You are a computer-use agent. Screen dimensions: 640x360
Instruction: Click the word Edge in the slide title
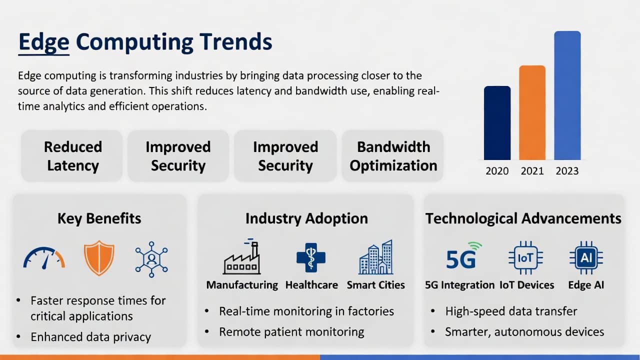[x=44, y=42]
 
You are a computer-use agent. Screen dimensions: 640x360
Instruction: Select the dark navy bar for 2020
[x=497, y=123]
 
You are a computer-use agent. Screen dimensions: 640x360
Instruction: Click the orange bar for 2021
[x=532, y=112]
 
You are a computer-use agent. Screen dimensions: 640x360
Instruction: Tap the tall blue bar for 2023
[x=567, y=95]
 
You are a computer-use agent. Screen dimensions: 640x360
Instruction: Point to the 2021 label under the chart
[x=532, y=171]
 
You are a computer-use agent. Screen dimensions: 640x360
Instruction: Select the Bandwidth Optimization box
[x=393, y=156]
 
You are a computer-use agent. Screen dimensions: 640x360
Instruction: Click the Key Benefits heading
[x=99, y=218]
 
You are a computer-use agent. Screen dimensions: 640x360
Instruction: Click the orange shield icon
[x=99, y=258]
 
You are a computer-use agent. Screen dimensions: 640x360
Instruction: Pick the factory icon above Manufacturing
[x=241, y=256]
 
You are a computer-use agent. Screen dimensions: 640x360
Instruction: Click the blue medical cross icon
[x=311, y=257]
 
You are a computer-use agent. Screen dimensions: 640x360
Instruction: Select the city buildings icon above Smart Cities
[x=375, y=257]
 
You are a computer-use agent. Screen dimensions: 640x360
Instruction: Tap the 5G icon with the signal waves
[x=463, y=255]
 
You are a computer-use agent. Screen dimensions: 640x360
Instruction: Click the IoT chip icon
[x=525, y=257]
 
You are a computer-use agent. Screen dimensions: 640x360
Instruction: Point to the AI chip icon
[x=586, y=257]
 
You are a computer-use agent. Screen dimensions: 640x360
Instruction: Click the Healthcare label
[x=311, y=285]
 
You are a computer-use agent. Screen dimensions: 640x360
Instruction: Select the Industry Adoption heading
[x=306, y=218]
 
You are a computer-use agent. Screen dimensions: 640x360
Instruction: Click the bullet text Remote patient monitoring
[x=291, y=332]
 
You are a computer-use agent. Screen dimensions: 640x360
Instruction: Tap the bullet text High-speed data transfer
[x=511, y=311]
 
